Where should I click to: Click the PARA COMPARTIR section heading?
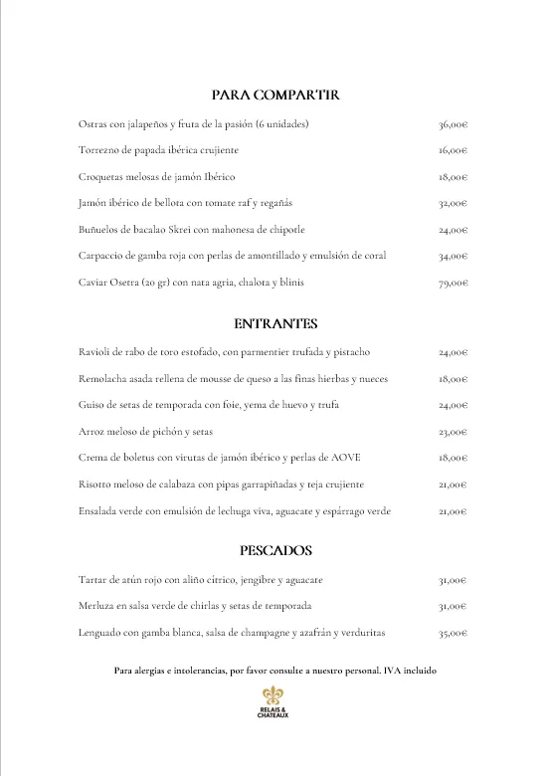tap(275, 95)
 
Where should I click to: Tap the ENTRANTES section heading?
tap(275, 323)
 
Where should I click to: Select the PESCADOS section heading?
tap(275, 550)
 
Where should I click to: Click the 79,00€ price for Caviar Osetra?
tap(453, 283)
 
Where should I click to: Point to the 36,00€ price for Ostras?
tap(453, 124)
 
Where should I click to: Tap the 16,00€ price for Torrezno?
tap(453, 151)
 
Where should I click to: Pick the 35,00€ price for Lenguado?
tap(453, 633)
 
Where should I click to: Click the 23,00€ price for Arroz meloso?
tap(453, 432)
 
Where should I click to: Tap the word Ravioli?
tap(92, 352)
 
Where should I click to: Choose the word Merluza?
tap(94, 606)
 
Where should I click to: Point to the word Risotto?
tap(93, 485)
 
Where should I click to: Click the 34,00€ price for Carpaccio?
tap(453, 257)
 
